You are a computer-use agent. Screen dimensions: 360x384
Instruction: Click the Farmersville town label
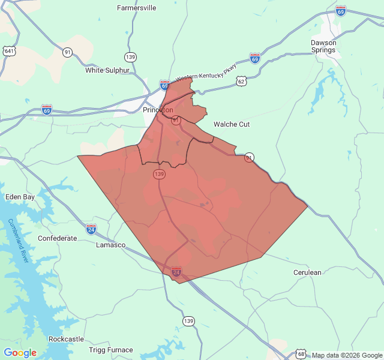136,8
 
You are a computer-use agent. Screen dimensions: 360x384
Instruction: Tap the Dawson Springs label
323,46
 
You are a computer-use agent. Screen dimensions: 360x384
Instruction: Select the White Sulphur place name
107,70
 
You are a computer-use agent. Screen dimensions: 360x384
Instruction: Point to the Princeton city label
158,110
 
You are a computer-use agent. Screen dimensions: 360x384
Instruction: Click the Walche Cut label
232,124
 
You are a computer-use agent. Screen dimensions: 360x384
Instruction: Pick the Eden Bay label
20,197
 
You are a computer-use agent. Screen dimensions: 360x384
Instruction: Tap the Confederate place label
58,238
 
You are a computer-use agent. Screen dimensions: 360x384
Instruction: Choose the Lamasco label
111,245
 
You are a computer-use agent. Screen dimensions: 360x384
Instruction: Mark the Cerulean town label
307,272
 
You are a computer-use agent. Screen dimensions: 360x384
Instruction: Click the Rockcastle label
66,339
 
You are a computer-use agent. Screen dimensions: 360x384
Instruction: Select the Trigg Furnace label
111,350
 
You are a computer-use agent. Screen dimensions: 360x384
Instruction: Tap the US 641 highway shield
9,51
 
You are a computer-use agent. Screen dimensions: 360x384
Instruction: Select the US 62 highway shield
241,80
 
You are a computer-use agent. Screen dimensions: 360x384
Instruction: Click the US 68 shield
301,355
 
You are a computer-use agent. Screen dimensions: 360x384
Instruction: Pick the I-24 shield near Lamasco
91,229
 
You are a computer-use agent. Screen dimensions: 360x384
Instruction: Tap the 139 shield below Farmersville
130,57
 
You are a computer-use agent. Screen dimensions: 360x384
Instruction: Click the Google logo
20,353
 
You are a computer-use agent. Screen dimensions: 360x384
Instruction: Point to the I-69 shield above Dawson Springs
340,11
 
